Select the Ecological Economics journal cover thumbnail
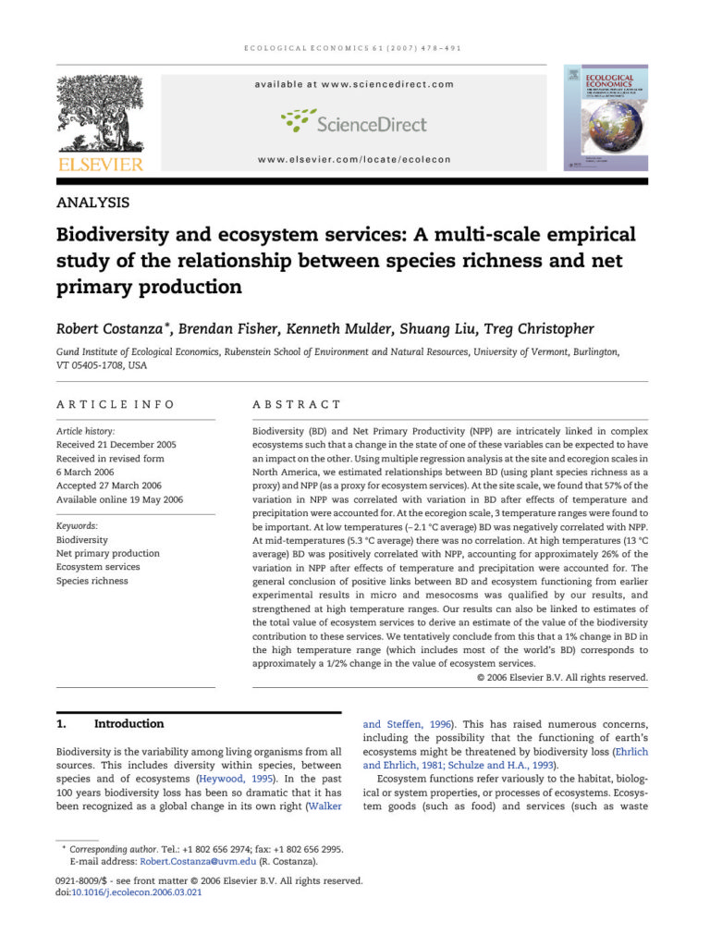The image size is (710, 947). click(x=606, y=117)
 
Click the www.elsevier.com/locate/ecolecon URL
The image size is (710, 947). click(x=354, y=159)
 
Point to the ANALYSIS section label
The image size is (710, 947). click(x=92, y=203)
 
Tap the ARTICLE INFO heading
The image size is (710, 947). click(x=115, y=404)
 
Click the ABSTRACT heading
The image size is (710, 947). click(x=297, y=404)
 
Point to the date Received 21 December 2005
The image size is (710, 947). click(x=116, y=445)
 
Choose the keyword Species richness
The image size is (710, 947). click(x=92, y=581)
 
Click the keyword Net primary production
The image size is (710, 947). click(x=108, y=553)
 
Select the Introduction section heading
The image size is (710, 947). click(x=129, y=723)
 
